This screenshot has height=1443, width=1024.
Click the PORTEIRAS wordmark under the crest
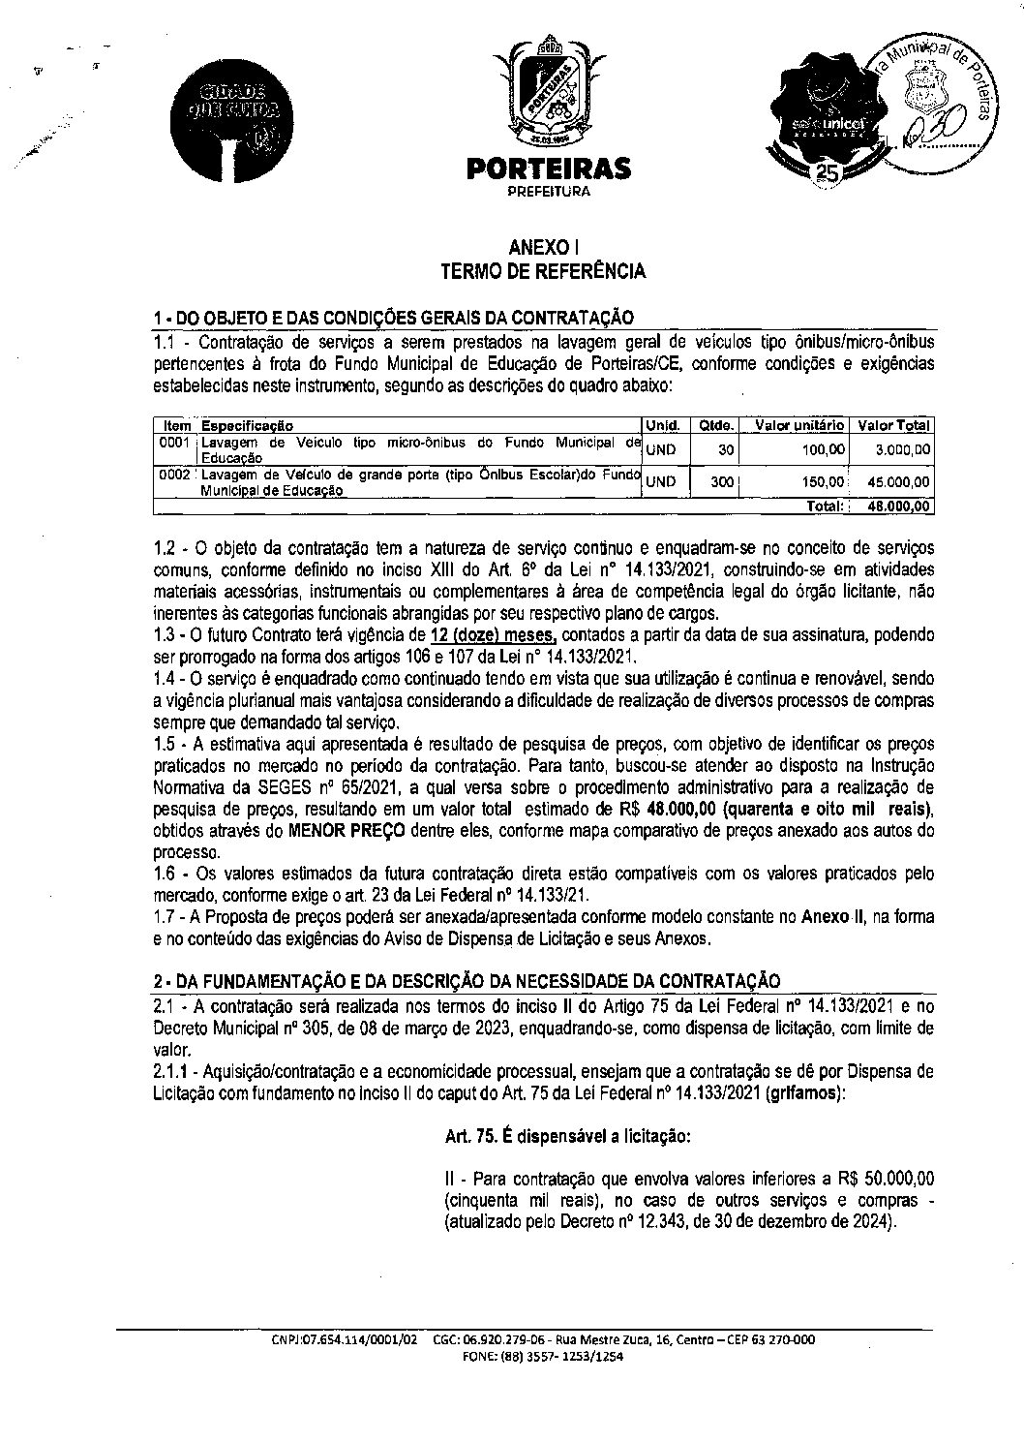click(x=548, y=169)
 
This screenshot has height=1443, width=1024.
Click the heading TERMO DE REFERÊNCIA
click(x=543, y=271)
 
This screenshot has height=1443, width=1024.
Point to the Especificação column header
click(x=247, y=425)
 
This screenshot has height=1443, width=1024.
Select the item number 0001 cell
click(x=176, y=443)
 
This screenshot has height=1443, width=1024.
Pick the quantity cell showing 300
click(x=722, y=480)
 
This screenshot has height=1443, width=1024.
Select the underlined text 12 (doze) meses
click(x=494, y=635)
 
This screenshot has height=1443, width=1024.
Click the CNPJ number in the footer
click(x=345, y=1339)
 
